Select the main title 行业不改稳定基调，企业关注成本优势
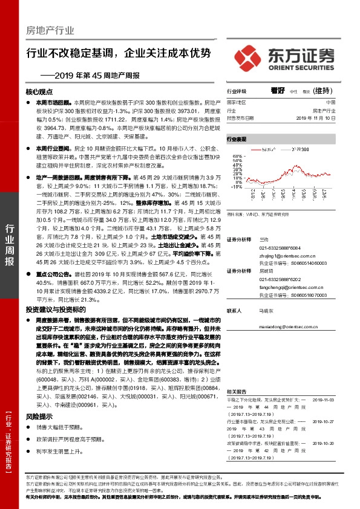tap(119, 53)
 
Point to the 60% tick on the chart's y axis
tap(235, 156)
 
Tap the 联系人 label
tap(235, 311)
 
